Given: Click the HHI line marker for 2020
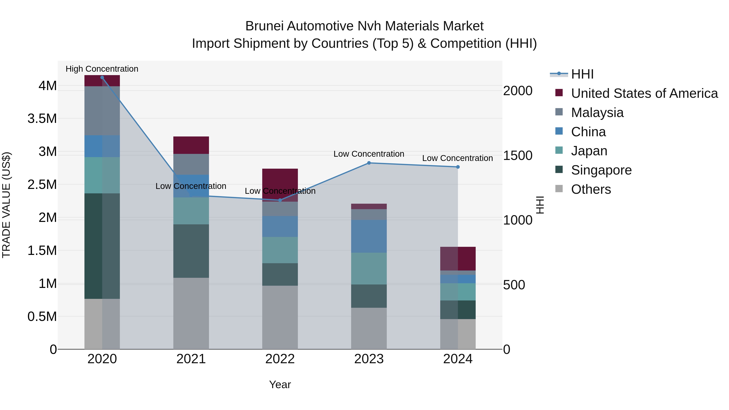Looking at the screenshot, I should (102, 78).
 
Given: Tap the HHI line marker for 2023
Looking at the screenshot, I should (369, 163).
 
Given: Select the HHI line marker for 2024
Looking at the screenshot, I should (458, 167).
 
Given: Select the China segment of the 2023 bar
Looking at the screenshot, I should (369, 236).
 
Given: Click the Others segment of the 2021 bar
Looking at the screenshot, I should (191, 313).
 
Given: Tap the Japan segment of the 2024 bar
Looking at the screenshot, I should (458, 292).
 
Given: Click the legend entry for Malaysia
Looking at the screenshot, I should (597, 113).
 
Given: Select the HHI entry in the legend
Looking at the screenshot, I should (582, 74).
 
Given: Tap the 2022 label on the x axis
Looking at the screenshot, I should (280, 359).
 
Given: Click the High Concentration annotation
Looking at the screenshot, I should (102, 69).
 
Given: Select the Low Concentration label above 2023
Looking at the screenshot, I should (369, 154).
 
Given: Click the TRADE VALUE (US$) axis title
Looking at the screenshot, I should (6, 205).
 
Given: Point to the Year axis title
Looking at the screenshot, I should (280, 384).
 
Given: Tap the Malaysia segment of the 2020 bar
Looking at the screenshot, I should (102, 111).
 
